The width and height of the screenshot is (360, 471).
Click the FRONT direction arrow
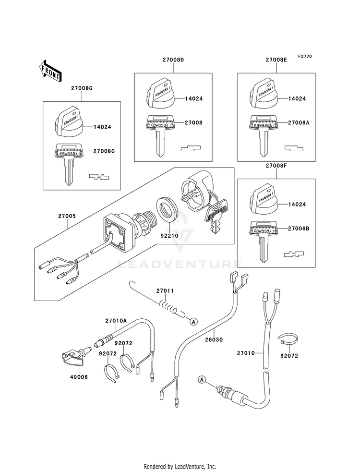[50, 71]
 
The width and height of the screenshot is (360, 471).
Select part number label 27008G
[82, 89]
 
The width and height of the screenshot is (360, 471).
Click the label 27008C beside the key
[104, 151]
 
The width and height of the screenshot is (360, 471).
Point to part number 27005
[67, 216]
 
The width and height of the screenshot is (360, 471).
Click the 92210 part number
[169, 236]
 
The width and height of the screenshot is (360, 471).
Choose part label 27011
[165, 291]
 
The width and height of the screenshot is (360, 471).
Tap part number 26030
[214, 340]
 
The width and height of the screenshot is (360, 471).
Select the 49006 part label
[79, 377]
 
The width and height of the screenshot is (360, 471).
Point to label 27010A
[116, 321]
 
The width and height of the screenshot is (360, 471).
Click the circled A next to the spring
[193, 322]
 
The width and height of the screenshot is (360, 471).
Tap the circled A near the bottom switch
[202, 380]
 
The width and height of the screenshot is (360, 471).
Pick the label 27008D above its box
[173, 60]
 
